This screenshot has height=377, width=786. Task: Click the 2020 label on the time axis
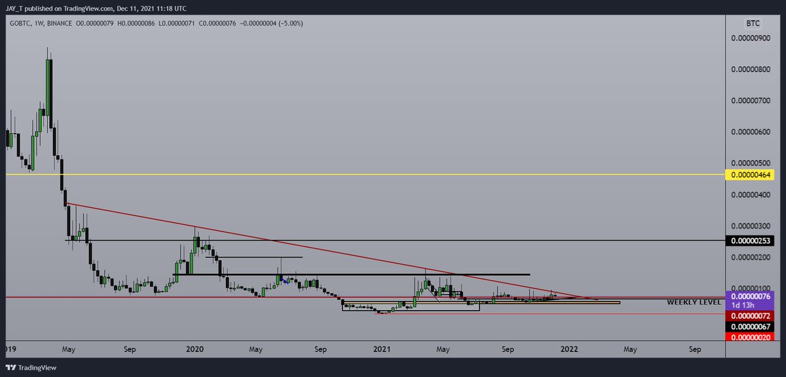pos(195,350)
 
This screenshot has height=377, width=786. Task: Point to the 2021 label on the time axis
pos(381,350)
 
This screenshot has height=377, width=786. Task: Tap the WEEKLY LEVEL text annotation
pos(694,302)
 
